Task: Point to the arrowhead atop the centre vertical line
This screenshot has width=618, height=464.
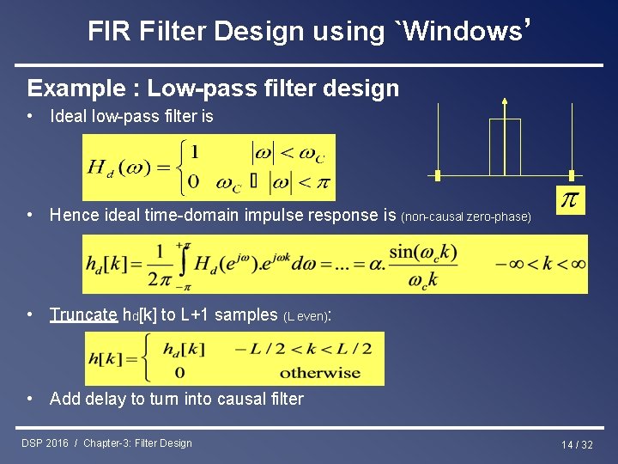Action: coord(505,101)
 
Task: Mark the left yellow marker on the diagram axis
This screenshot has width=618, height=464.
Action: coord(438,176)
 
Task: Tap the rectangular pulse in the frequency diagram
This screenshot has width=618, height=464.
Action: coord(505,146)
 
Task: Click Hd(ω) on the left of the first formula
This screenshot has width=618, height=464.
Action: coord(116,168)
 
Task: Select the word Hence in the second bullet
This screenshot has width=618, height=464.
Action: coord(75,215)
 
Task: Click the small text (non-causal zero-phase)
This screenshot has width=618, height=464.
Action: coord(466,217)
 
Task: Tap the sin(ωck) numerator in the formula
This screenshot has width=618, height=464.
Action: coord(422,253)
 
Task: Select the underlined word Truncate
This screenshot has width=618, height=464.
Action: coord(83,314)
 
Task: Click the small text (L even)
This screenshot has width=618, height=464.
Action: coord(306,316)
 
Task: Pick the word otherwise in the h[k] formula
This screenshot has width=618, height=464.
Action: coord(319,373)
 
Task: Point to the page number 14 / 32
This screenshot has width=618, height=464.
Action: coord(577,444)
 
